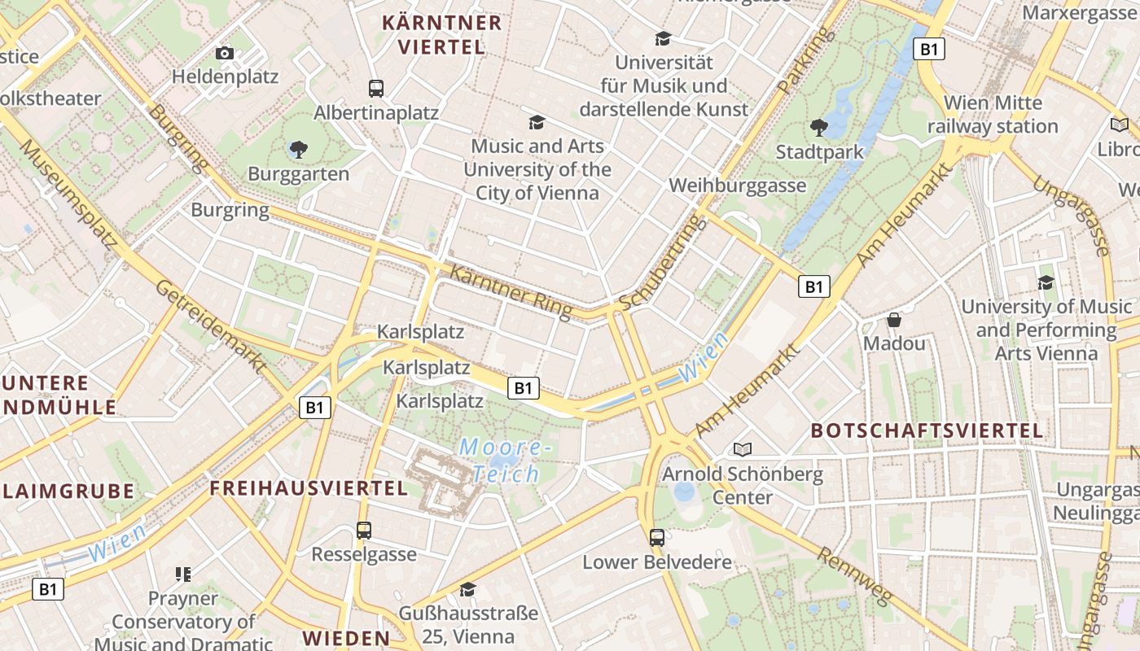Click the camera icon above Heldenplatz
click(225, 54)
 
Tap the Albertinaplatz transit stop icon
click(375, 89)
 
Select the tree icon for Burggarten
click(298, 149)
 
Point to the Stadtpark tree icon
click(818, 127)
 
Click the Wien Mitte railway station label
click(993, 115)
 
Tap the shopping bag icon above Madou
click(894, 320)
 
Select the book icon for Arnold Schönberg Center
click(743, 449)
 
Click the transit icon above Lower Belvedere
click(657, 537)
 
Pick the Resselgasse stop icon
click(364, 531)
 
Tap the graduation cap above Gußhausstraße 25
click(467, 589)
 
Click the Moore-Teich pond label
click(506, 460)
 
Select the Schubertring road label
click(659, 263)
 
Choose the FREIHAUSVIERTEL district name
click(309, 488)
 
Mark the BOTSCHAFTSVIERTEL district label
click(927, 430)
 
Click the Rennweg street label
click(853, 577)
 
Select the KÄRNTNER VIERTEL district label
click(442, 34)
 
